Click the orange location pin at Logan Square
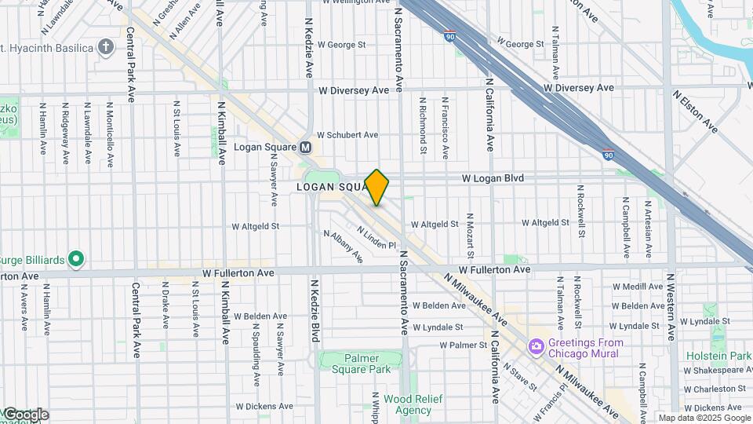(377, 187)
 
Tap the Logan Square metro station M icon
(306, 147)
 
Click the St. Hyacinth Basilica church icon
(106, 47)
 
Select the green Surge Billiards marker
(75, 257)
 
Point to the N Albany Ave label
(344, 246)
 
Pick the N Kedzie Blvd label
(315, 312)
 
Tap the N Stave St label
(518, 375)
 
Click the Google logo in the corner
(24, 415)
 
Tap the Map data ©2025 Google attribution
(704, 418)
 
